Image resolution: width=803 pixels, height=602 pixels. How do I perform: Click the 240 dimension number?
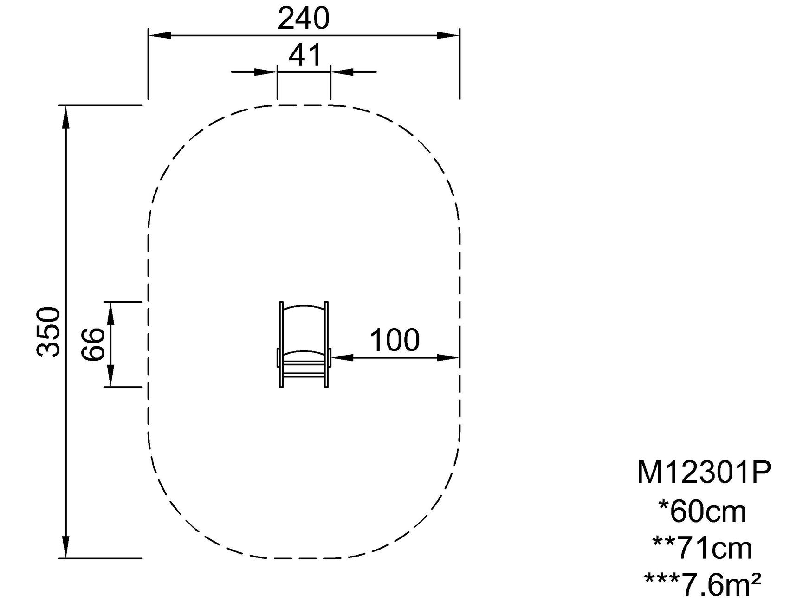click(304, 19)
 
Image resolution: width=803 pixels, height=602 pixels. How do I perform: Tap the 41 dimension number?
click(304, 55)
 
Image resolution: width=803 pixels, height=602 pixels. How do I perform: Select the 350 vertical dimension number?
click(49, 332)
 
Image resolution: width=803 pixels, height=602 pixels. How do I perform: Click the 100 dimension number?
click(395, 340)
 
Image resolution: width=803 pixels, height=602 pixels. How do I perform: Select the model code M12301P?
click(704, 473)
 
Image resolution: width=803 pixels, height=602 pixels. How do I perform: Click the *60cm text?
click(702, 511)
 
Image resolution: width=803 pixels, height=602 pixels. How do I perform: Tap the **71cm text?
click(702, 548)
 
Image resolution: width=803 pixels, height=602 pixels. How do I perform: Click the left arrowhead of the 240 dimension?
click(160, 35)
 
